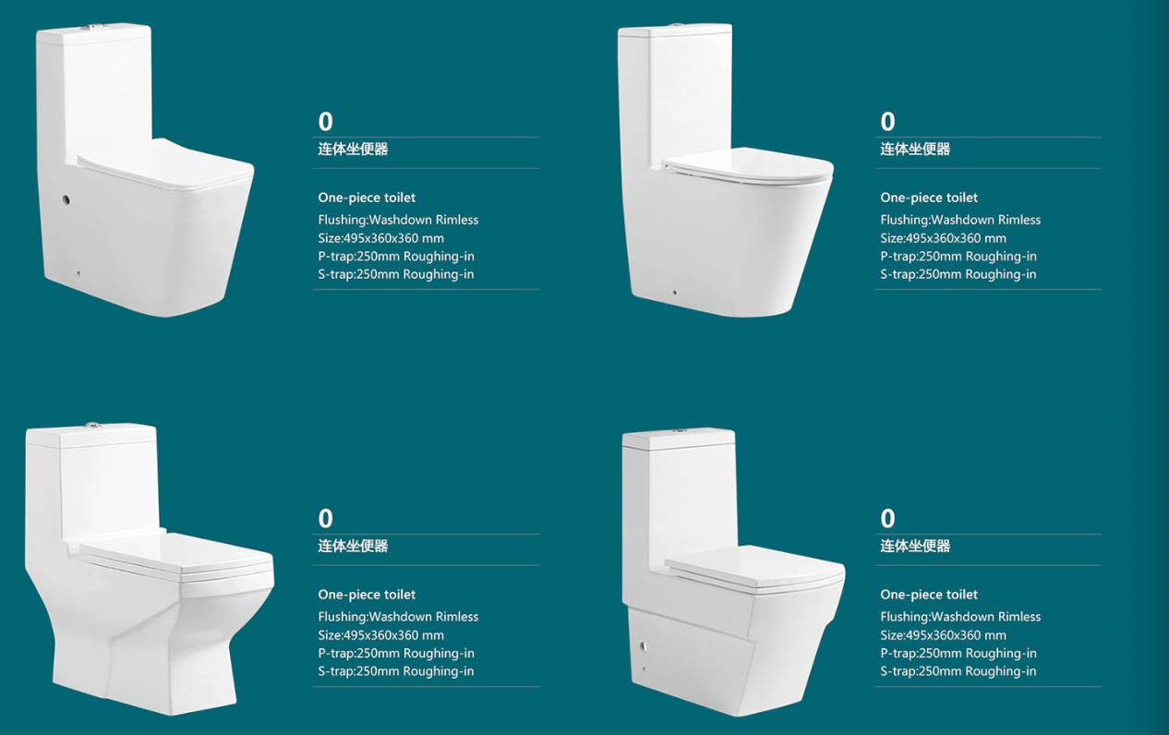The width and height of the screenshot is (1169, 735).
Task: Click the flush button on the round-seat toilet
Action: pyautogui.click(x=678, y=25)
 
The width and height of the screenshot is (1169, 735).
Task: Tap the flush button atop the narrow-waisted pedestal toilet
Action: pyautogui.click(x=92, y=426)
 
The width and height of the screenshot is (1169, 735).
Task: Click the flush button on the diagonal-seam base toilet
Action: pyautogui.click(x=681, y=431)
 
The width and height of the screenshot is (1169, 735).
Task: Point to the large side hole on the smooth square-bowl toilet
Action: pyautogui.click(x=66, y=199)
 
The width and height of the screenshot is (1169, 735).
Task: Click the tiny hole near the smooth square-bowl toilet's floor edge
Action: pyautogui.click(x=78, y=272)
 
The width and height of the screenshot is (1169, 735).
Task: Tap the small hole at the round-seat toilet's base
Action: pyautogui.click(x=674, y=293)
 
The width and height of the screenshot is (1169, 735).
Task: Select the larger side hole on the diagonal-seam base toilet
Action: pyautogui.click(x=644, y=646)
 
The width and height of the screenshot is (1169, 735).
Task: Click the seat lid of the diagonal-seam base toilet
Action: pyautogui.click(x=754, y=569)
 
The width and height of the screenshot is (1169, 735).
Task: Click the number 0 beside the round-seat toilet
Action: pyautogui.click(x=887, y=122)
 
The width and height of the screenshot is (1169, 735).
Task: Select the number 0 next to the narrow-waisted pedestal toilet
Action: pyautogui.click(x=325, y=518)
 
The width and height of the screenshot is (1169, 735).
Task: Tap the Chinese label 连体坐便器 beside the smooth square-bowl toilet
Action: pyautogui.click(x=353, y=150)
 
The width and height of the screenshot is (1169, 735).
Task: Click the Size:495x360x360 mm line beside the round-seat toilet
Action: pyautogui.click(x=943, y=238)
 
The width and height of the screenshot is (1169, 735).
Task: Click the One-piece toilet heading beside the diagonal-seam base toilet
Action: pyautogui.click(x=929, y=595)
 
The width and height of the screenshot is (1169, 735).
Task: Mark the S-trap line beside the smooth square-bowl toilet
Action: pyautogui.click(x=396, y=274)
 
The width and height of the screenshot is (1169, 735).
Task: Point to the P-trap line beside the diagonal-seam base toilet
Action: pyautogui.click(x=958, y=654)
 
